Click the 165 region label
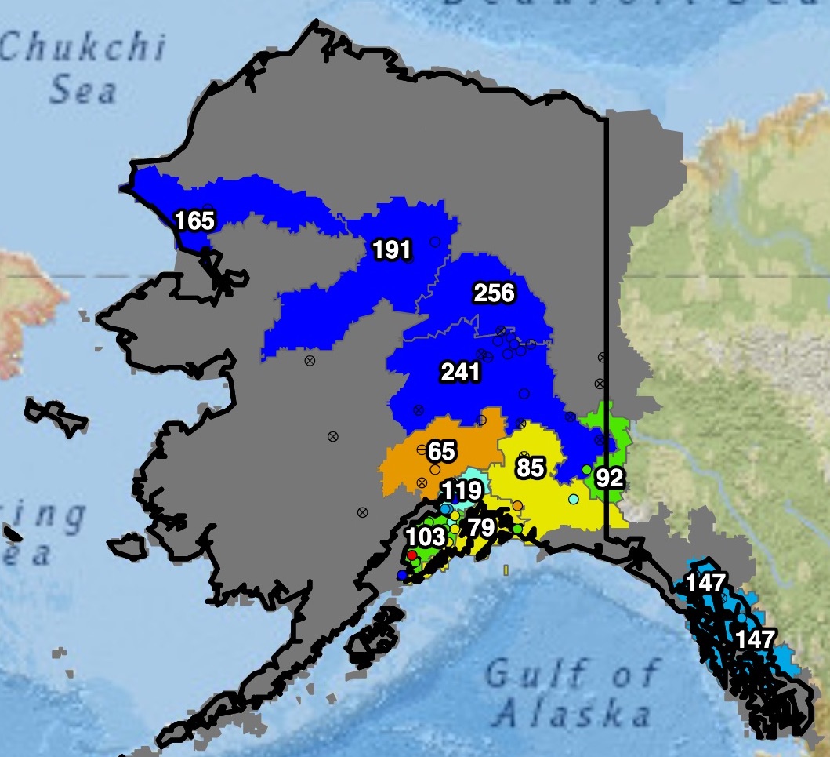pyautogui.click(x=194, y=221)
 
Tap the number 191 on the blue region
pyautogui.click(x=391, y=250)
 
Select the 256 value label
pyautogui.click(x=494, y=294)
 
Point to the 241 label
pyautogui.click(x=460, y=373)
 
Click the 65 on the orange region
pyautogui.click(x=441, y=451)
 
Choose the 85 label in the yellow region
pyautogui.click(x=530, y=468)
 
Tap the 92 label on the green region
pyautogui.click(x=608, y=478)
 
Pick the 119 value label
pyautogui.click(x=461, y=493)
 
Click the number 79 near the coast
pyautogui.click(x=480, y=527)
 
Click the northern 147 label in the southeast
pyautogui.click(x=706, y=583)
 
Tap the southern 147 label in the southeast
pyautogui.click(x=755, y=639)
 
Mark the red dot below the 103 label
pyautogui.click(x=412, y=555)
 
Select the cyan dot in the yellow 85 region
pyautogui.click(x=573, y=499)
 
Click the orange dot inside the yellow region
pyautogui.click(x=517, y=505)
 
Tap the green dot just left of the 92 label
pyautogui.click(x=586, y=469)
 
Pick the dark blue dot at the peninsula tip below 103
pyautogui.click(x=402, y=575)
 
